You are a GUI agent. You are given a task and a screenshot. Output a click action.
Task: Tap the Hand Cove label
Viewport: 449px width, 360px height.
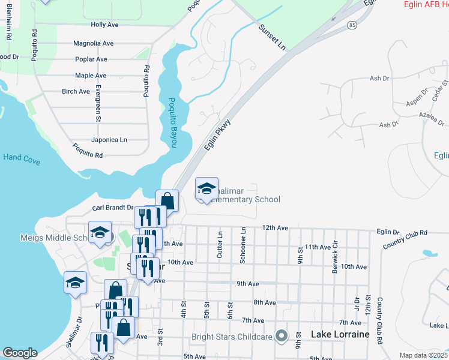coord(21,157)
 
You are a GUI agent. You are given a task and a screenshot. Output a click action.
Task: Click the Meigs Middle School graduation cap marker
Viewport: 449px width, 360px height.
coord(100,233)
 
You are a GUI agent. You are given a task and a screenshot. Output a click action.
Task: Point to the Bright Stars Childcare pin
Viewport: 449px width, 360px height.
coord(280,336)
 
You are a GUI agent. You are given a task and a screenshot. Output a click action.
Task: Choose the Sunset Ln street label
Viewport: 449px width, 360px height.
coord(272,37)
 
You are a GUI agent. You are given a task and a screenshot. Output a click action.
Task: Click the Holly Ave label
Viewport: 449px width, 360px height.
coord(105,25)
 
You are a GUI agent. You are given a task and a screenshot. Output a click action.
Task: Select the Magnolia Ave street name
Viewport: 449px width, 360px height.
coord(93,43)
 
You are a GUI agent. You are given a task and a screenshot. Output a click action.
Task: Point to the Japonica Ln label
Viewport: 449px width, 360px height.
coord(109,140)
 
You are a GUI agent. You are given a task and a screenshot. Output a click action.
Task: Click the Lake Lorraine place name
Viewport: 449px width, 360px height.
coord(339,334)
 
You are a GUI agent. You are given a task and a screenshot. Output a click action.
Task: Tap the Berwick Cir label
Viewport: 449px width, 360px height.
coord(336,257)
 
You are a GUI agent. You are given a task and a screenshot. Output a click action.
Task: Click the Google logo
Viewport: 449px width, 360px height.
coord(20,353)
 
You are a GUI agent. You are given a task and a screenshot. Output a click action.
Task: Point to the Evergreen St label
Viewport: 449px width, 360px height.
coord(97,103)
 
